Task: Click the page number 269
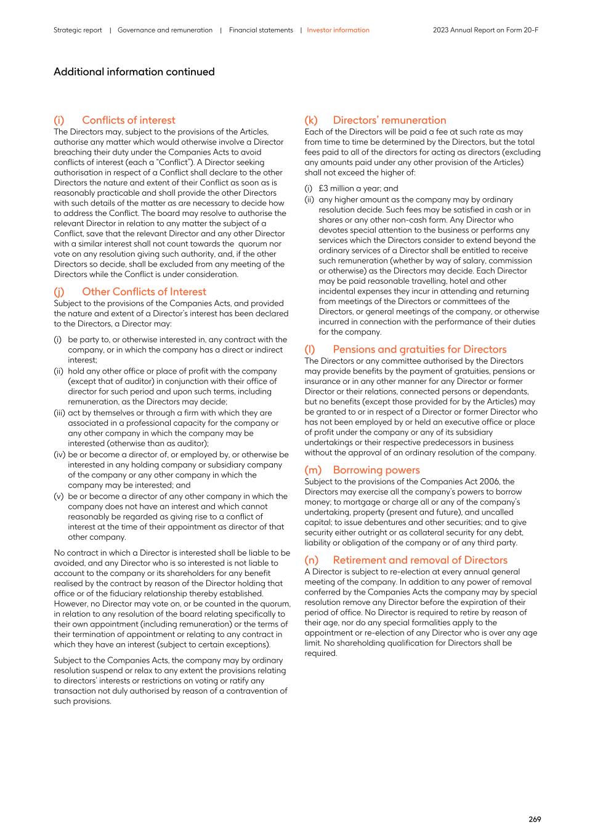(x=535, y=819)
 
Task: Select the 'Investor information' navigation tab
(x=338, y=30)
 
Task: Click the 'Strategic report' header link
(x=78, y=30)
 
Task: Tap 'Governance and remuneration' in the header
(x=165, y=30)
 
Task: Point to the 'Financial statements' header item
(x=261, y=30)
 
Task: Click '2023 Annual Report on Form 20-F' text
(x=485, y=30)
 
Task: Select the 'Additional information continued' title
(x=134, y=72)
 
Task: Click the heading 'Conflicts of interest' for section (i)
(x=128, y=120)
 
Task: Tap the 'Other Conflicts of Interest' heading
(x=144, y=292)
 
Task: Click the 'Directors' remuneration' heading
(x=389, y=120)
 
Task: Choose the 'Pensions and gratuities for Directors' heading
(x=419, y=349)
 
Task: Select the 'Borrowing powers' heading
(x=376, y=470)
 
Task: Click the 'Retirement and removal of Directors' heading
(x=420, y=560)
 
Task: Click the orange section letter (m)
(x=313, y=470)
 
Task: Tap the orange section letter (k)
(x=311, y=120)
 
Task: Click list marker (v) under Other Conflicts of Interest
(x=59, y=497)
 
